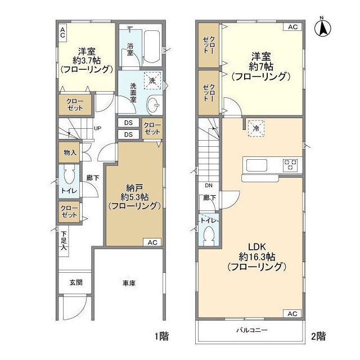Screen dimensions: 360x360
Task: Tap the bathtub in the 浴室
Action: tap(152, 47)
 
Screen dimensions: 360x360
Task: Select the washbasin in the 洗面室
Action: tap(153, 105)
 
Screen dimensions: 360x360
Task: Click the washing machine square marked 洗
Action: tap(152, 80)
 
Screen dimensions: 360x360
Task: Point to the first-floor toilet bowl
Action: tap(69, 175)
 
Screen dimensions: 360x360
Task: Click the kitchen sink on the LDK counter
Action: tap(256, 165)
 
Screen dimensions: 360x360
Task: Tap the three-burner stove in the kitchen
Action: tap(291, 165)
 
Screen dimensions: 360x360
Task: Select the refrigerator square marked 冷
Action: tap(256, 128)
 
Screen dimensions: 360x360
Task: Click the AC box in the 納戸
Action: tap(152, 242)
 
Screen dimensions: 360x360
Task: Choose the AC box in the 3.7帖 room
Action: tap(62, 33)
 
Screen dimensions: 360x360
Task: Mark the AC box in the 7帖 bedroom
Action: tap(292, 27)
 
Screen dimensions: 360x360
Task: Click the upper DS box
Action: tap(128, 123)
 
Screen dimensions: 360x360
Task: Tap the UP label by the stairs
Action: tap(97, 128)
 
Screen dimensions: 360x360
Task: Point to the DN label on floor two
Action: tap(209, 185)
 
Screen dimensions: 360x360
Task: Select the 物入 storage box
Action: tap(69, 152)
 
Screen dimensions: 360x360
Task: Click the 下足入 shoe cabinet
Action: tap(64, 241)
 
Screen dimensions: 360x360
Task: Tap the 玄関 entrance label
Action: tap(76, 282)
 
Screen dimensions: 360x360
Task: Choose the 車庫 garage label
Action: tap(129, 283)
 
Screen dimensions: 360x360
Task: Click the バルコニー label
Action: tap(252, 330)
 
